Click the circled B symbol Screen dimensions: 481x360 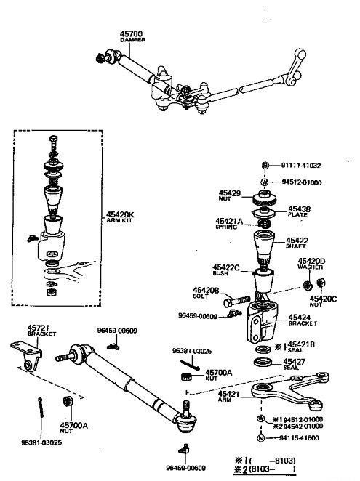coord(265,166)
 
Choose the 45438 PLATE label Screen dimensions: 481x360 coord(298,211)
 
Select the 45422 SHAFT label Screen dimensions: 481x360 coord(298,243)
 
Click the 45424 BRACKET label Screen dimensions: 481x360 coord(301,321)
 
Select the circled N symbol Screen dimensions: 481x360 coord(260,439)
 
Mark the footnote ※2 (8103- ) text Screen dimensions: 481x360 coord(287,471)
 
